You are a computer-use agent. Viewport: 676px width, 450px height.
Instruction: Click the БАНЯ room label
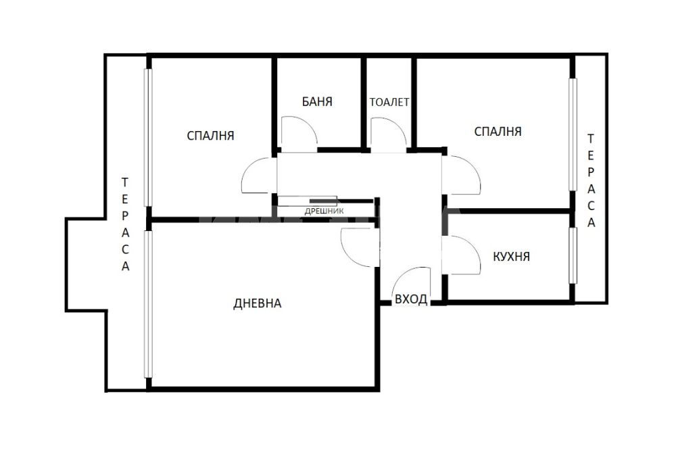(317, 102)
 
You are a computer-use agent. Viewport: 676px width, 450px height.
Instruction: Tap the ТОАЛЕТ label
(389, 102)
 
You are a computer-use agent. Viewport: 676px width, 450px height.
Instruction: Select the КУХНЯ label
(511, 257)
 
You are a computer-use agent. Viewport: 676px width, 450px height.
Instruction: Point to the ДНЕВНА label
(258, 303)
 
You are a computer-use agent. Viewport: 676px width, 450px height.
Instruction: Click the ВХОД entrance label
(411, 299)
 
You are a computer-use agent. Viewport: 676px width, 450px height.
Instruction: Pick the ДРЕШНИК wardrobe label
(324, 211)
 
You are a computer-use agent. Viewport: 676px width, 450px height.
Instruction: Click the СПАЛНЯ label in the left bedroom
(210, 136)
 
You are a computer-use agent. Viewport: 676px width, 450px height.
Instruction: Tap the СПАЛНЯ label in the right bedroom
(498, 132)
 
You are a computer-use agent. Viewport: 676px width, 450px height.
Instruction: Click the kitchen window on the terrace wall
(573, 255)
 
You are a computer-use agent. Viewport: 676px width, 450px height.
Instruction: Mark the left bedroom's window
(148, 138)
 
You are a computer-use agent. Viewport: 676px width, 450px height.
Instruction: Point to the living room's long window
(148, 304)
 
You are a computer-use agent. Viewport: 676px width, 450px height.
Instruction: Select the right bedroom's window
(573, 134)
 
